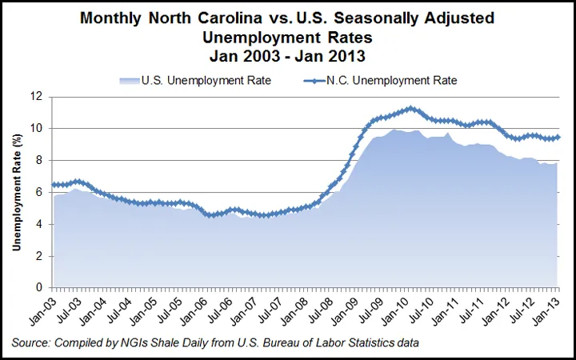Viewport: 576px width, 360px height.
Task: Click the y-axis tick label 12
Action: (x=38, y=96)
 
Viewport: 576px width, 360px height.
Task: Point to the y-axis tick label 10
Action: (x=38, y=128)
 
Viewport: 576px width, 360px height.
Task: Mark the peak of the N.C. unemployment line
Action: (x=410, y=107)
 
